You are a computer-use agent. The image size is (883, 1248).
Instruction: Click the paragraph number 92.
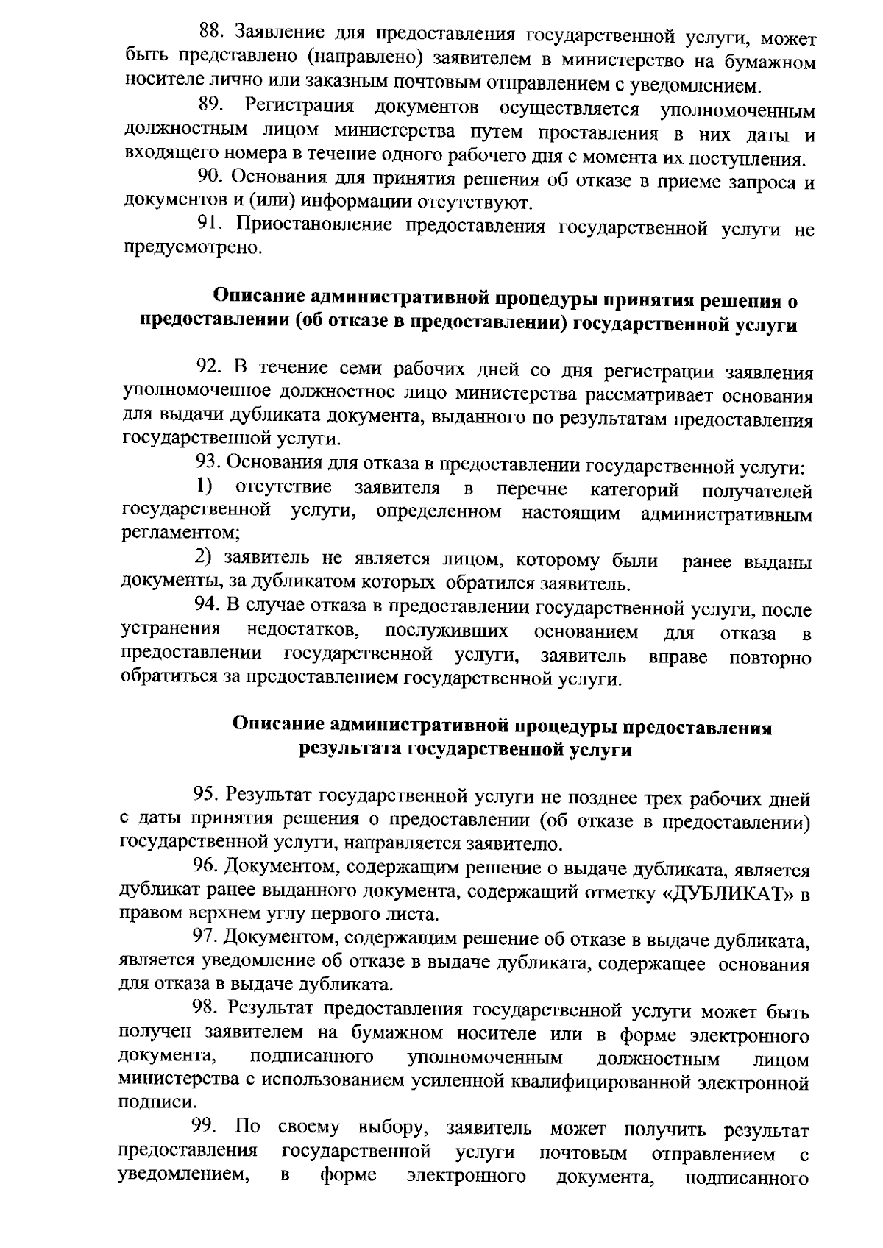[209, 367]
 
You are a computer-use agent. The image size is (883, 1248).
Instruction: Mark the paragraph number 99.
[205, 1127]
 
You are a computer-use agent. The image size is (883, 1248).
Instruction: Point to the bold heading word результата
[350, 750]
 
